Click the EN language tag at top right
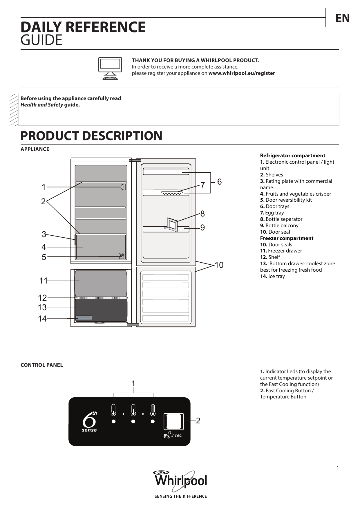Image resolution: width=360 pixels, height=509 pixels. click(x=342, y=18)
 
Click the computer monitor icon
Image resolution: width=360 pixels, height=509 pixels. click(x=110, y=68)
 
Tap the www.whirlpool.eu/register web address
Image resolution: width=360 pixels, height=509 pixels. click(x=242, y=73)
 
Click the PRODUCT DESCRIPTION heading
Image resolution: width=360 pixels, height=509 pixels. click(x=91, y=136)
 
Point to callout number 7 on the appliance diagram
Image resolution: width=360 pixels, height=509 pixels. click(x=202, y=185)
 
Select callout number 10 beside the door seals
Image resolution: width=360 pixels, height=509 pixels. click(x=219, y=265)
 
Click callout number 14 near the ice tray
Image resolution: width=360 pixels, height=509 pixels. click(x=42, y=319)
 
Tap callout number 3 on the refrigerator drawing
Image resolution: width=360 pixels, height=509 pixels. click(x=44, y=234)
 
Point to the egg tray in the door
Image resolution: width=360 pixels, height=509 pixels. click(x=172, y=193)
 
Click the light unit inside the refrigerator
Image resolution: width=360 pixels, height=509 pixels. click(x=123, y=187)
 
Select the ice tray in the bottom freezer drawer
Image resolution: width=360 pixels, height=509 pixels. click(x=84, y=318)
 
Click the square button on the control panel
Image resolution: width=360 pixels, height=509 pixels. click(x=173, y=421)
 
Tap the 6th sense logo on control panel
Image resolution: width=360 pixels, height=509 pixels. click(x=89, y=421)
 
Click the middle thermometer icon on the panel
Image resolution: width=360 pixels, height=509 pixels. click(x=133, y=410)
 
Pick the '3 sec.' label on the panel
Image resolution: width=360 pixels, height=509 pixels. click(x=177, y=435)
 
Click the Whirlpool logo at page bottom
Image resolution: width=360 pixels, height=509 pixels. click(x=180, y=480)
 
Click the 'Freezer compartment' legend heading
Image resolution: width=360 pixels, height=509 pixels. click(x=287, y=238)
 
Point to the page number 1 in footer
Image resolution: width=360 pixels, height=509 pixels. click(x=337, y=468)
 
